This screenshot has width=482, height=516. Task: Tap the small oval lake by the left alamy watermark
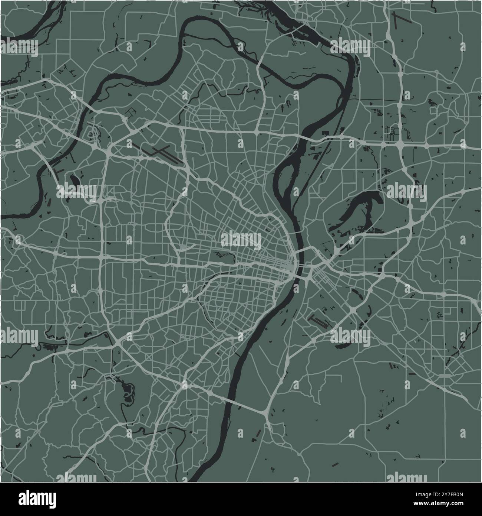tap(73, 181)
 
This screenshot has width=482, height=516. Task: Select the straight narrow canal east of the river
tap(315, 163)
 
